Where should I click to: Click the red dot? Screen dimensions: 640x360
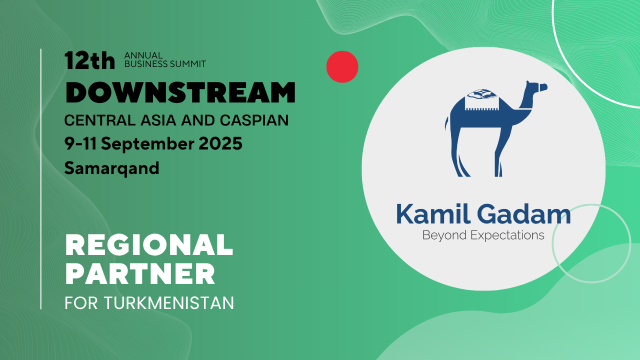click(342, 67)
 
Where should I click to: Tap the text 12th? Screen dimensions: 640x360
click(89, 60)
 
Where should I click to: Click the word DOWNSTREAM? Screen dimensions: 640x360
click(180, 92)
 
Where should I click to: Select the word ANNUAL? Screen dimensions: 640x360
click(143, 55)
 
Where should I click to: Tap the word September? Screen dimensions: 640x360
click(147, 144)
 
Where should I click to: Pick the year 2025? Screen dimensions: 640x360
click(220, 143)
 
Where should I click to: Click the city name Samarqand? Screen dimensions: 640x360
click(111, 168)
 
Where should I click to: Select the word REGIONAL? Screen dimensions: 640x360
click(149, 244)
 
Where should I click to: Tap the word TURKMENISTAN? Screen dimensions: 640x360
click(169, 303)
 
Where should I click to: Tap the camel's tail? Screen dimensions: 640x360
click(446, 123)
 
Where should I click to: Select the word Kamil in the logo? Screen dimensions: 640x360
click(433, 214)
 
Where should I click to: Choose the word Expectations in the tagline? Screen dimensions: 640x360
click(507, 235)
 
